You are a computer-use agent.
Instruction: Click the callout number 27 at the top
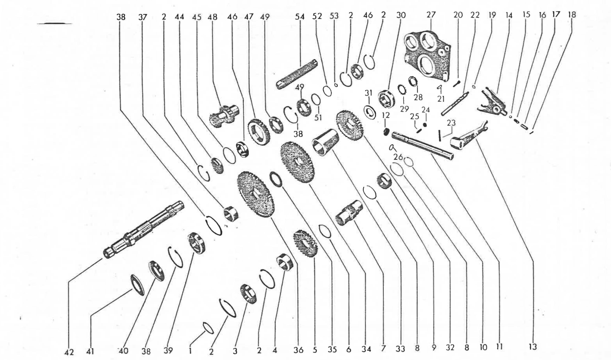[x=431, y=15]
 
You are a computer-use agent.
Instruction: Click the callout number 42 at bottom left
[x=69, y=352]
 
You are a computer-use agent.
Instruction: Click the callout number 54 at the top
[x=300, y=17]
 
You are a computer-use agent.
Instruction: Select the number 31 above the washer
[x=369, y=93]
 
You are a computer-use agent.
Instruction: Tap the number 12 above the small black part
[x=386, y=115]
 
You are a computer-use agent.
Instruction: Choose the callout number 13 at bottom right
[x=532, y=347]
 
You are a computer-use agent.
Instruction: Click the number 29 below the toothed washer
[x=405, y=109]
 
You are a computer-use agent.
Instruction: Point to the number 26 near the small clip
[x=398, y=157]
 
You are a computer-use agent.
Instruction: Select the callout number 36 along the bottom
[x=299, y=350]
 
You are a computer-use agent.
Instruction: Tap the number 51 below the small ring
[x=318, y=117]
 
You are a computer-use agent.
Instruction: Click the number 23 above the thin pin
[x=451, y=123]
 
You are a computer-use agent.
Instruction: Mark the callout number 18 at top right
[x=572, y=15]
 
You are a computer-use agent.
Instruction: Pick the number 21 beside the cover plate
[x=441, y=99]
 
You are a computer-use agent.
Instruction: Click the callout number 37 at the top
[x=142, y=17]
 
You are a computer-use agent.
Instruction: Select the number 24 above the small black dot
[x=426, y=110]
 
